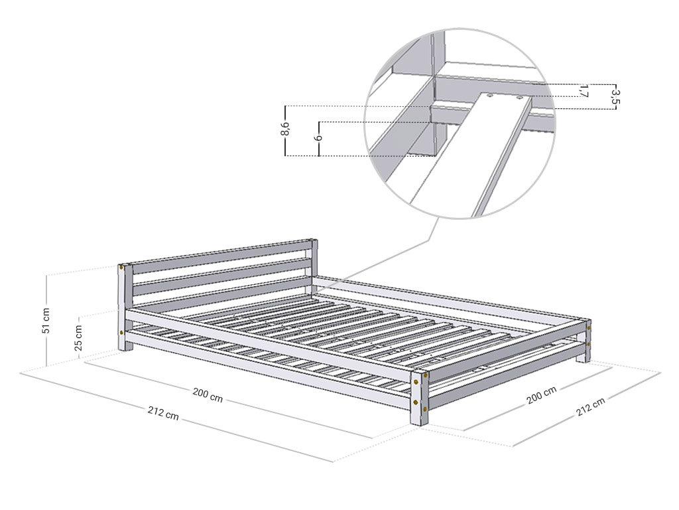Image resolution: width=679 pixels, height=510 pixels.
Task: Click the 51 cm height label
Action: tap(46, 321)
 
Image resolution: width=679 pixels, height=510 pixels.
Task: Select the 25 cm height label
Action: tap(78, 337)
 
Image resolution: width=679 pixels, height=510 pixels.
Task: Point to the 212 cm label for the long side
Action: tap(163, 412)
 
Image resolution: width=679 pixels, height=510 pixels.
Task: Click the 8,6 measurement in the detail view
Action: tap(285, 129)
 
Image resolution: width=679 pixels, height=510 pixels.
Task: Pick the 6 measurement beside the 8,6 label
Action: tap(320, 138)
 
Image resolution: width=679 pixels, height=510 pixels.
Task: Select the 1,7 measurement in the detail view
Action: tap(584, 91)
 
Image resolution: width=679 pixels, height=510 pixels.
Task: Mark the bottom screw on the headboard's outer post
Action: tap(122, 333)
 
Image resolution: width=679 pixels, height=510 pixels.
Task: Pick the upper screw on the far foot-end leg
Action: tap(589, 328)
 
